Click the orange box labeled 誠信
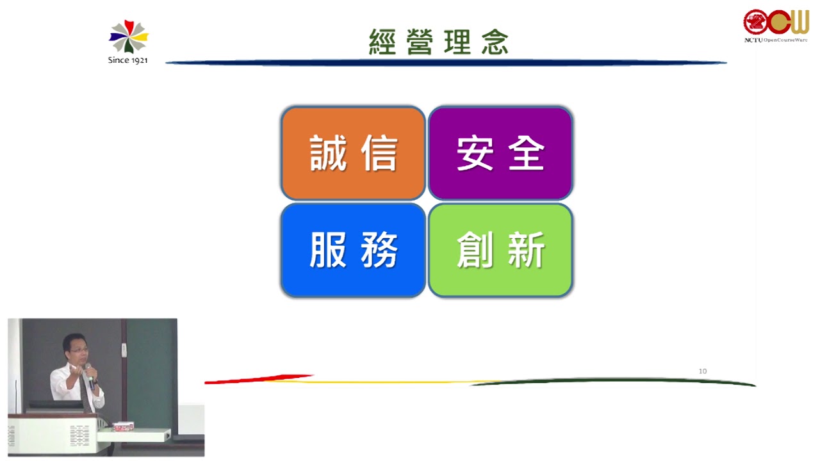pos(353,153)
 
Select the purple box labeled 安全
pos(500,153)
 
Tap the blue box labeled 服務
pos(353,250)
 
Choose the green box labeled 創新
pos(500,250)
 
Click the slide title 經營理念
pos(439,42)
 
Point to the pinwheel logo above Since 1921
pos(128,36)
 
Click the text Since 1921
pos(127,60)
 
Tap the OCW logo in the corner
pos(776,22)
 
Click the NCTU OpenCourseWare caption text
pos(776,40)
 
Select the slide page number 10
pos(703,371)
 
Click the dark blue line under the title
pos(446,63)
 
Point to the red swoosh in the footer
pos(259,378)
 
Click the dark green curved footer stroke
pos(613,380)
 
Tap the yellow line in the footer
pos(381,382)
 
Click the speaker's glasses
pos(78,350)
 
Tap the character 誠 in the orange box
pos(328,153)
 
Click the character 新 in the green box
pos(527,250)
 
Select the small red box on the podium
pos(123,426)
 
